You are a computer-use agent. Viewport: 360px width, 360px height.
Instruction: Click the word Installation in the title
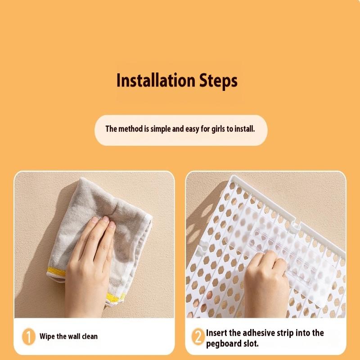pos(155,81)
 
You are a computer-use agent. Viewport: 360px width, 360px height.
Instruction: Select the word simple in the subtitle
pos(160,129)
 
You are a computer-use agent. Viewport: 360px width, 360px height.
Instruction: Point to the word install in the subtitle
pos(244,129)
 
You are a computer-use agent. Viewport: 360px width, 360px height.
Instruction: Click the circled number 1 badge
pos(29,337)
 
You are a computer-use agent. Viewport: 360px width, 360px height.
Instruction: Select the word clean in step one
pos(89,336)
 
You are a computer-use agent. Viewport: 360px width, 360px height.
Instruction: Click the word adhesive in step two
pos(256,333)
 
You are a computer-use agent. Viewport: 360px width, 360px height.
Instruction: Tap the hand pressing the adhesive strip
pos(265,279)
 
